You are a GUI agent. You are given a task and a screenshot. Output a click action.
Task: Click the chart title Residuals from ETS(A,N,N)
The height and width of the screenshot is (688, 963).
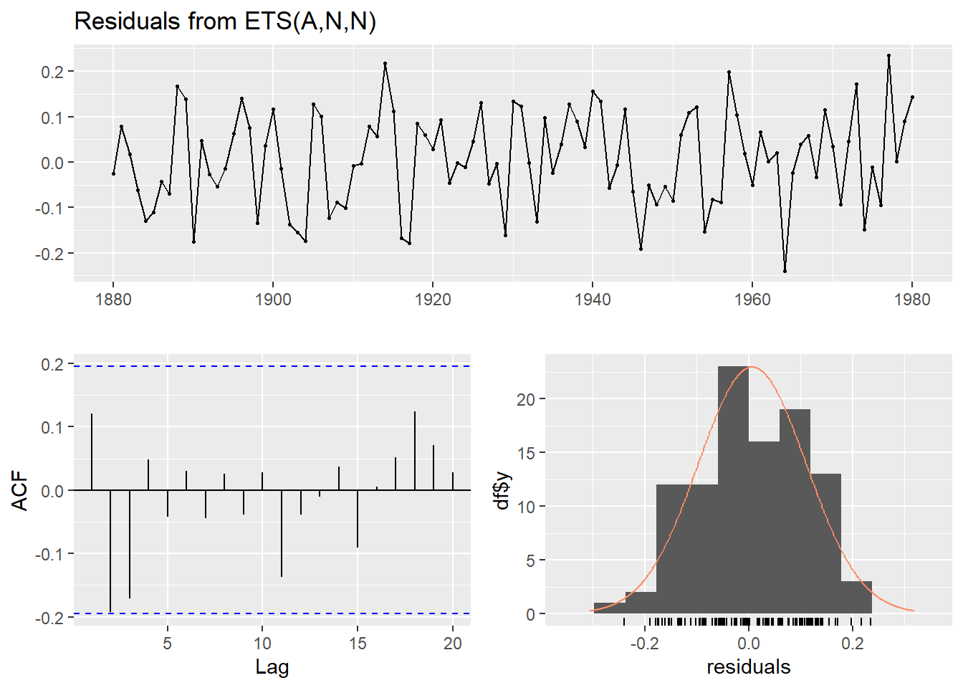[x=225, y=21]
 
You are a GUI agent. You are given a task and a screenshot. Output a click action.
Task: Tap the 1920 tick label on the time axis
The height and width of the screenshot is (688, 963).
[x=433, y=300]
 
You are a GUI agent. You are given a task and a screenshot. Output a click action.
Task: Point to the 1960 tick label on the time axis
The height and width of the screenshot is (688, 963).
[x=752, y=300]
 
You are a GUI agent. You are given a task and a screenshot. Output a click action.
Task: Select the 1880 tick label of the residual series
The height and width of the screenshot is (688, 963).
[x=113, y=300]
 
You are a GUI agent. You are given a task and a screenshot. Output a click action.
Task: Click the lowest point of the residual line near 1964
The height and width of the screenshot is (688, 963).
[x=785, y=271]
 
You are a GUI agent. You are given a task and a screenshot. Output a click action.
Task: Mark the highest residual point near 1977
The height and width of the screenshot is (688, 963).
[x=888, y=55]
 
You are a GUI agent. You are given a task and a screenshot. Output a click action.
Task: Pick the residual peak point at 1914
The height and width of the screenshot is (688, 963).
[x=385, y=63]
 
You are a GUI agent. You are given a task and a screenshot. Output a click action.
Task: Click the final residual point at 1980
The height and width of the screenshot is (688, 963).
[x=912, y=97]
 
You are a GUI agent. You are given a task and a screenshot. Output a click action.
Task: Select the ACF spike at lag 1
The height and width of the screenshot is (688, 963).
[x=92, y=452]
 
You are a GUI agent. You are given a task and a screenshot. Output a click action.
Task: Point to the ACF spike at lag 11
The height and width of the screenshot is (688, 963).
[x=282, y=533]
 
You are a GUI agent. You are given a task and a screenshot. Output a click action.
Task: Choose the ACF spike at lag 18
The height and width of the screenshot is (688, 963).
[x=415, y=451]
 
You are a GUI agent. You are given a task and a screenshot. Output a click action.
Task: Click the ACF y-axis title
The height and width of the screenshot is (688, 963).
[x=21, y=491]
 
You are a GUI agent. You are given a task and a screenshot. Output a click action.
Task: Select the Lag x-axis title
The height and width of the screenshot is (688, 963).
[x=272, y=667]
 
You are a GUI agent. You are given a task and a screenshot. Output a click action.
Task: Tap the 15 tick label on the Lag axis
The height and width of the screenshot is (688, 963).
[x=358, y=644]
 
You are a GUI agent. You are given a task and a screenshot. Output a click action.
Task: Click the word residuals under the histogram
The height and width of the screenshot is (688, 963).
[x=749, y=667]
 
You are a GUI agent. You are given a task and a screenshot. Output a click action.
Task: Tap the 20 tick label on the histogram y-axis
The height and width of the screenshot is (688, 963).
[x=526, y=399]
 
